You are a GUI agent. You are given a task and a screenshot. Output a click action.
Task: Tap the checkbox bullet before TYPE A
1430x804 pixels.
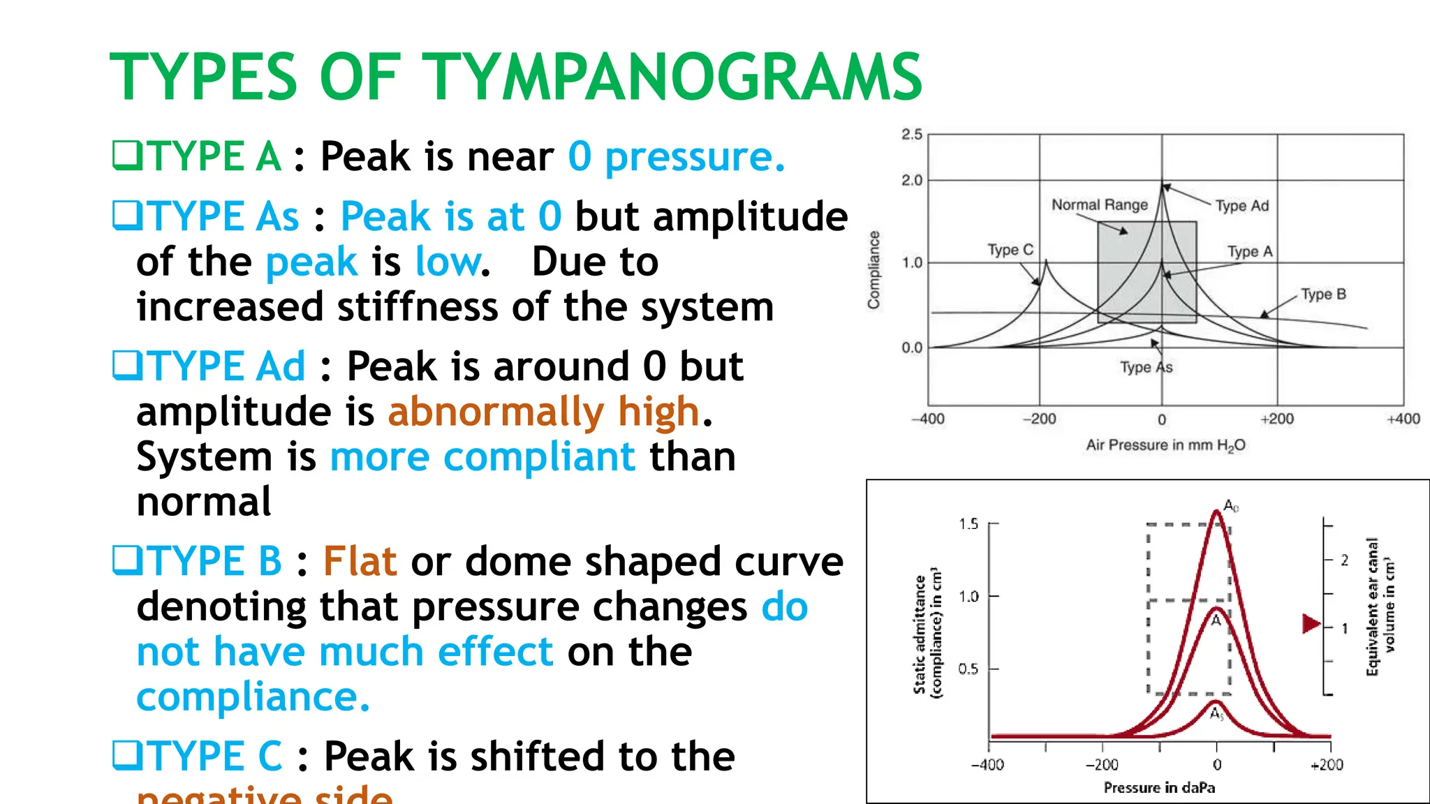coord(127,155)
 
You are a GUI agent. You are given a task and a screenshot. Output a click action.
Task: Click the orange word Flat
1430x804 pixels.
coord(360,561)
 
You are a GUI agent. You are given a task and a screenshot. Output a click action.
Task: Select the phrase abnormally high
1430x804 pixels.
coord(543,412)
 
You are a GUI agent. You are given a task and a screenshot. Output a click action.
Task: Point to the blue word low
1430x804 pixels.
coord(448,262)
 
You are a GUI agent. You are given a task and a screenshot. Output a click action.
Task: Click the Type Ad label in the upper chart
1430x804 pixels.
coord(1241,206)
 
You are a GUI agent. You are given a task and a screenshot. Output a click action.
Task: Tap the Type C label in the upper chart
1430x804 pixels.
coord(1010,250)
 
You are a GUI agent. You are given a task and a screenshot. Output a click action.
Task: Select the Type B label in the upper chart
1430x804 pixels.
coord(1322,295)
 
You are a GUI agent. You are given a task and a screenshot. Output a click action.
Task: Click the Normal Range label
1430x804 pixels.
coord(1099,204)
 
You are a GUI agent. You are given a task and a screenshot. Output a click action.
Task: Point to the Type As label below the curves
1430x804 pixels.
coord(1146,367)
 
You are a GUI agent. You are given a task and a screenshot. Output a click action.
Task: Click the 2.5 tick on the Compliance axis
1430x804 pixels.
coord(911,134)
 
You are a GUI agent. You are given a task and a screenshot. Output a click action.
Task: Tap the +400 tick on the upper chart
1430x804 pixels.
coord(1403,419)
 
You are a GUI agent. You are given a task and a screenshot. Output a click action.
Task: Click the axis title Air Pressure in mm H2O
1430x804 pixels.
coord(1165,445)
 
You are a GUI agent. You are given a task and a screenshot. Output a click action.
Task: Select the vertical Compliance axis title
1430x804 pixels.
coord(874,269)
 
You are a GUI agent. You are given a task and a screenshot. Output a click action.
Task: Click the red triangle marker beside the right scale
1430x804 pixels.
coord(1311,623)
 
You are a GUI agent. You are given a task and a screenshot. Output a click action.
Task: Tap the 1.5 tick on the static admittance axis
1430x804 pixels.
coord(968,523)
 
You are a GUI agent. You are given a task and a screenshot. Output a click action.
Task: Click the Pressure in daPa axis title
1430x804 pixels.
coord(1159,787)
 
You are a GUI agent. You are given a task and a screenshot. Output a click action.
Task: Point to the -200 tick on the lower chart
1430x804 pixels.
coord(1102,764)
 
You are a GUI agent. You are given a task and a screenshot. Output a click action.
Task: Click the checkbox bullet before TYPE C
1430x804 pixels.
coord(127,755)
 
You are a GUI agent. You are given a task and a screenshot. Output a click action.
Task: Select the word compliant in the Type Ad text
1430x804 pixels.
coord(539,457)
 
